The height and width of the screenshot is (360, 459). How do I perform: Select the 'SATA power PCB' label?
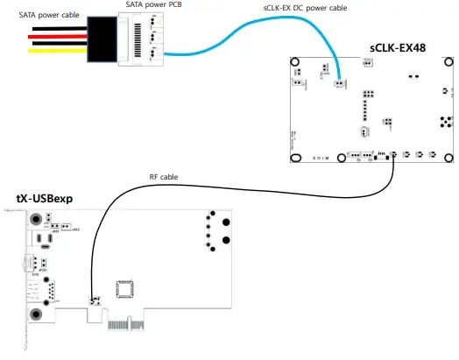[x=154, y=5]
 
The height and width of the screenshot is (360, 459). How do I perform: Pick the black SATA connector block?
[x=102, y=40]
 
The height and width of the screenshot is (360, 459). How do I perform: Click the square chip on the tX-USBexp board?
[x=128, y=290]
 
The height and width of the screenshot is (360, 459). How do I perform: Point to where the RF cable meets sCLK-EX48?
[x=392, y=156]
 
